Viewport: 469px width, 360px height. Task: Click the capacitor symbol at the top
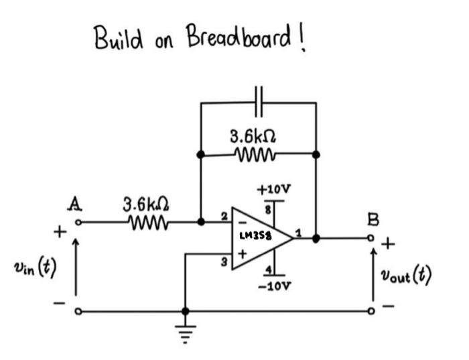[x=259, y=103]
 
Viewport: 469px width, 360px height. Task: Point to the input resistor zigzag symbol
[x=147, y=221]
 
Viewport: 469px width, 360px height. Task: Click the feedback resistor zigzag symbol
[x=257, y=155]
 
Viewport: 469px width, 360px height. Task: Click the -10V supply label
[x=275, y=286]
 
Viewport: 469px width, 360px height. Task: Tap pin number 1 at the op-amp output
[x=299, y=231]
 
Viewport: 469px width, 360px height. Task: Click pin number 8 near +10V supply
[x=271, y=210]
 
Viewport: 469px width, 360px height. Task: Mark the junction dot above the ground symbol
[x=185, y=312]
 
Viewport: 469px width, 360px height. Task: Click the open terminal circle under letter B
[x=373, y=237]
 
